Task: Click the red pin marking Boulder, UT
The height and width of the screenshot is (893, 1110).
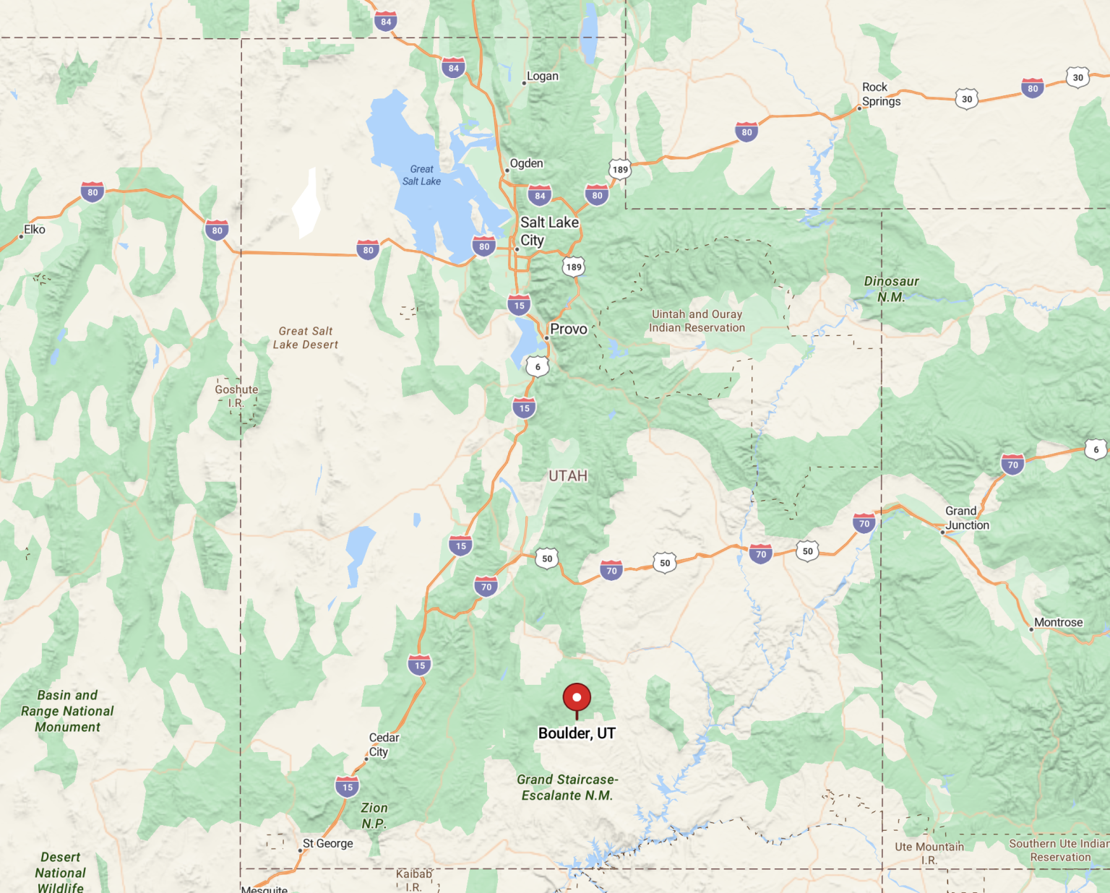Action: (577, 698)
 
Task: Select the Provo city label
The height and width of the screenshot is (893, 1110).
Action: (569, 329)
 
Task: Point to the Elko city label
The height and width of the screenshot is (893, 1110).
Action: (35, 230)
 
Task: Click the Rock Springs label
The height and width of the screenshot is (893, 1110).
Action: (881, 94)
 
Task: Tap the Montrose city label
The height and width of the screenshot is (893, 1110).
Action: (1058, 623)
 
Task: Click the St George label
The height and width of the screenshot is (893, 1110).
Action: (327, 843)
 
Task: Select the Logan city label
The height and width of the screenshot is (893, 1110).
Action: (542, 77)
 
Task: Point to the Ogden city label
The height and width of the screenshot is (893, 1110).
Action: (526, 164)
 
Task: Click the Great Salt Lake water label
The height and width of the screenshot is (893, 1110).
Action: (421, 176)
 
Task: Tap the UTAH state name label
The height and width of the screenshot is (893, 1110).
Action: (568, 476)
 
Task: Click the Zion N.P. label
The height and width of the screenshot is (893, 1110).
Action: (374, 816)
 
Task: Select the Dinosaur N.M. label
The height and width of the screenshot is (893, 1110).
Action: (891, 289)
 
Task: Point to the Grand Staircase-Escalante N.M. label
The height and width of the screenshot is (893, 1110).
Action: (567, 788)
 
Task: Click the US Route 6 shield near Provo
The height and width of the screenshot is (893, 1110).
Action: (538, 367)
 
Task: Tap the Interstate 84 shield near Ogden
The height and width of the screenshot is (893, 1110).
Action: (540, 195)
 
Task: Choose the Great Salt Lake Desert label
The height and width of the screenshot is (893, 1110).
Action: (305, 338)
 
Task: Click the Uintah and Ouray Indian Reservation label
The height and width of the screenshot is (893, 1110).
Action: (697, 321)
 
